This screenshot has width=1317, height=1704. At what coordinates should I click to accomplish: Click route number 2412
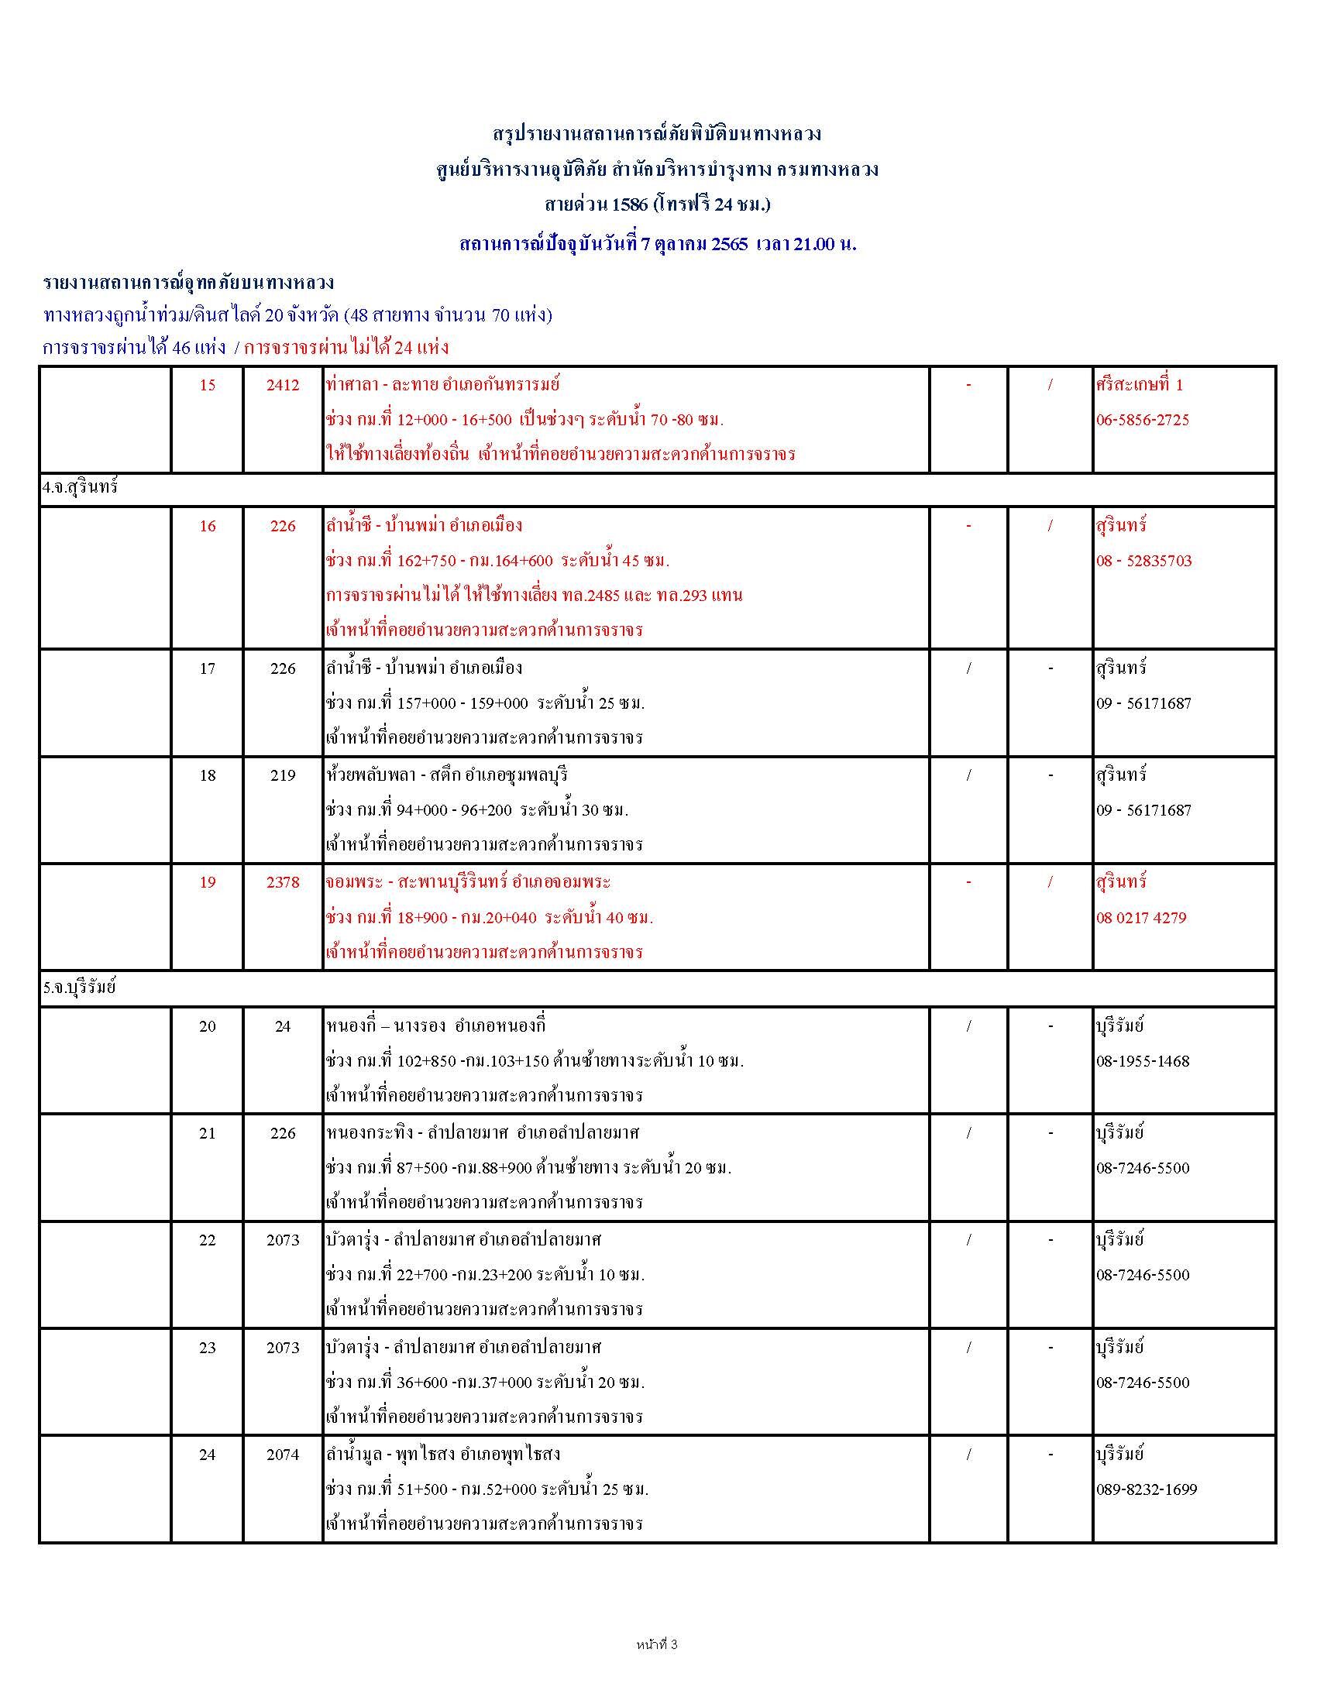click(x=283, y=385)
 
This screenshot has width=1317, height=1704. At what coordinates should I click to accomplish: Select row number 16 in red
click(x=207, y=526)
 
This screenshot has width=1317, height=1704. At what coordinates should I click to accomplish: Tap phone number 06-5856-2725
click(x=1142, y=420)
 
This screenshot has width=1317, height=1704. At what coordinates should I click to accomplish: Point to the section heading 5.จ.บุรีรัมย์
click(x=80, y=988)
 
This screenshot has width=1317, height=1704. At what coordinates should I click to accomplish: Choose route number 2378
click(x=283, y=882)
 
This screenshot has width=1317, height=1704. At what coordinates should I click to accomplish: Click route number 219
click(x=283, y=775)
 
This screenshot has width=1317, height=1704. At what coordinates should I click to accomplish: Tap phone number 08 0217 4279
click(x=1140, y=918)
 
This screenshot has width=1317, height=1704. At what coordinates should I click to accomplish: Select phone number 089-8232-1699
click(x=1146, y=1489)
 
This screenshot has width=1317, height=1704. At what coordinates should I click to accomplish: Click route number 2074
click(x=283, y=1455)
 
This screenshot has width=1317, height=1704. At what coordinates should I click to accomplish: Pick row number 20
click(x=207, y=1026)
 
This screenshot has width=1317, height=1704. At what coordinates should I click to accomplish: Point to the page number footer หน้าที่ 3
click(x=657, y=1644)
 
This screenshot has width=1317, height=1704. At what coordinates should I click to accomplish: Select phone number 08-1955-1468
click(x=1142, y=1061)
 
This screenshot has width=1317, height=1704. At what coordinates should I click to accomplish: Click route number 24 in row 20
click(x=283, y=1026)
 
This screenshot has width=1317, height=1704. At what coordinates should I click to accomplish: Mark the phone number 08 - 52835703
click(x=1143, y=561)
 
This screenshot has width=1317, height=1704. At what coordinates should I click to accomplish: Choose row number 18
click(x=207, y=775)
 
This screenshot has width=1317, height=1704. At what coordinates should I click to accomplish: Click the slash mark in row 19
click(x=1051, y=882)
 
